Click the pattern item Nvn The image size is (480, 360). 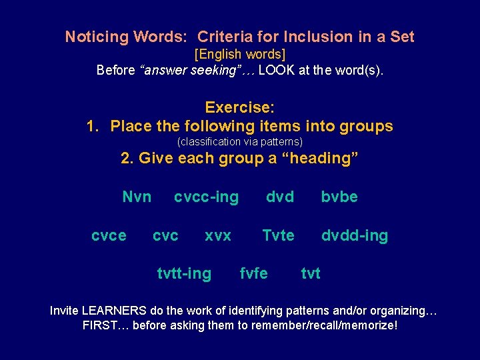coord(137,197)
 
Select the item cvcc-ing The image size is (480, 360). coord(206,197)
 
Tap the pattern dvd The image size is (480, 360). coord(280,197)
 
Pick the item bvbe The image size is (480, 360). coord(339,197)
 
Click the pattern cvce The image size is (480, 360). coord(109,235)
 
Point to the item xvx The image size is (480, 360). coord(218,235)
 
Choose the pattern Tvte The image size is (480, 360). coord(278,235)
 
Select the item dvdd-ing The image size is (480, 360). coord(355,235)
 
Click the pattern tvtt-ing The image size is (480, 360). coord(184,273)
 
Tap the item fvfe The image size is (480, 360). coord(253,273)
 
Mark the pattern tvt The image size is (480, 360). coord(311,273)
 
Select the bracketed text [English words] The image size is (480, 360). coord(239,53)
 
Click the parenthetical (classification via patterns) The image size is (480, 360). coord(239,141)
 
